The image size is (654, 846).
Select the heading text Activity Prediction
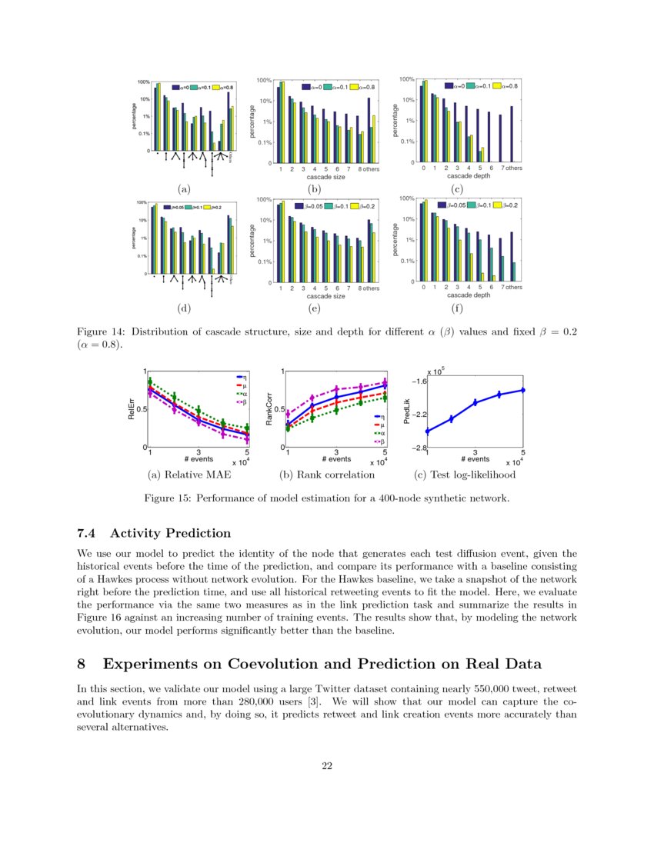pos(170,533)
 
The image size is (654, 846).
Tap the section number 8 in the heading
pos(84,664)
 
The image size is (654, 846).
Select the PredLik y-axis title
pos(408,408)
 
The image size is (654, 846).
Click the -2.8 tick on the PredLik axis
pos(415,447)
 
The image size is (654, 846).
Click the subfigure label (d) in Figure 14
pos(183,308)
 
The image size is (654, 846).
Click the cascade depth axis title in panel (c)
pos(468,176)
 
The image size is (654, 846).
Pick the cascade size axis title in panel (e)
pos(325,295)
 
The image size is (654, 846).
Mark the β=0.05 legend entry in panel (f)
pos(451,205)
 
